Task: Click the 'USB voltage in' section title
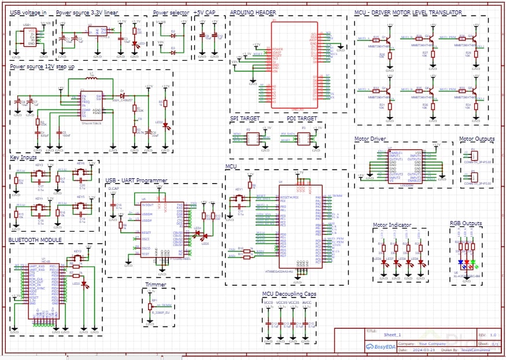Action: (x=28, y=12)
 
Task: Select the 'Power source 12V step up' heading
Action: (x=42, y=67)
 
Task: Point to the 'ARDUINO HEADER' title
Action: (x=253, y=12)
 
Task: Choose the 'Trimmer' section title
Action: (x=156, y=285)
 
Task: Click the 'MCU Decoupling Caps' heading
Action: (x=289, y=294)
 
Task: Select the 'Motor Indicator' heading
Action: (x=392, y=225)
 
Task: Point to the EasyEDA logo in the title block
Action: (x=379, y=347)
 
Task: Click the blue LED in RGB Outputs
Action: (x=460, y=262)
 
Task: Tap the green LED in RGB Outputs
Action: (x=473, y=262)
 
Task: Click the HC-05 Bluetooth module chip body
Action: (x=44, y=289)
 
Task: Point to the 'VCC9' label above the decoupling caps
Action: (x=268, y=303)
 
